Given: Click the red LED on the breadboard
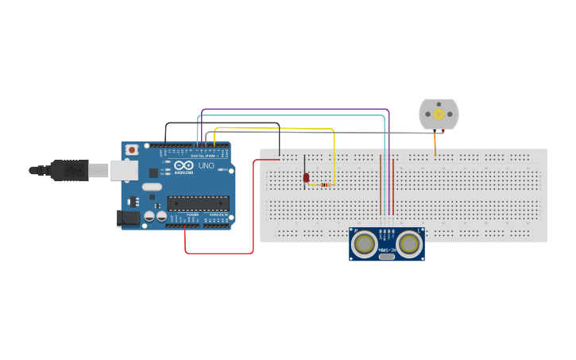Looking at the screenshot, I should click(306, 178).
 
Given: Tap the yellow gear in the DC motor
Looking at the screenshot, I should click(439, 114).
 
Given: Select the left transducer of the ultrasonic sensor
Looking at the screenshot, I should click(365, 243).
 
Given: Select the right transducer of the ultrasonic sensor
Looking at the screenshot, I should click(408, 243).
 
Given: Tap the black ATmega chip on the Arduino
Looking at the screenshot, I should click(198, 203).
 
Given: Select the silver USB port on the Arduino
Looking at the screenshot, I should click(123, 168).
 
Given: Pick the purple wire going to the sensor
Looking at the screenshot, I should click(294, 110).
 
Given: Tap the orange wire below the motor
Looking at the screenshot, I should click(435, 145).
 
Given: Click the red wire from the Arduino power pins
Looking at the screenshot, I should click(218, 254).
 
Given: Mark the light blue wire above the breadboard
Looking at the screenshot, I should click(294, 115).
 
